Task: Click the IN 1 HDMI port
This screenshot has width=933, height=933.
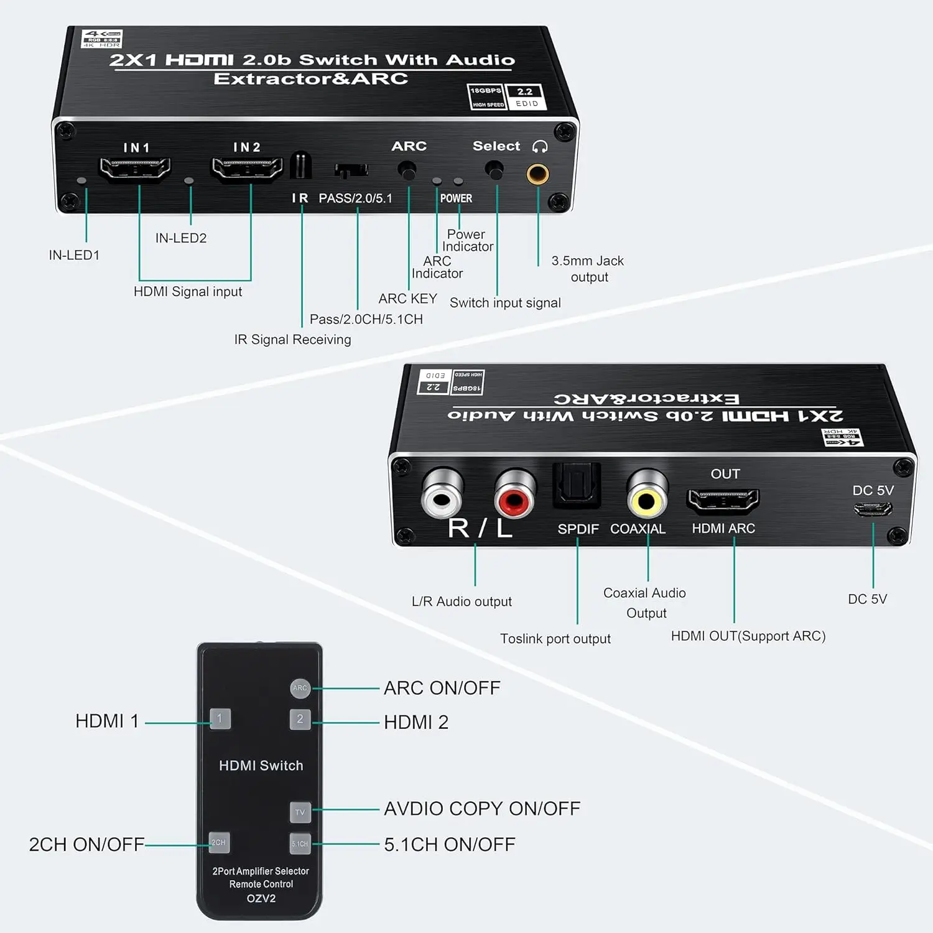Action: (x=136, y=169)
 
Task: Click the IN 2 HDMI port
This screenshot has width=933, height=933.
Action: (x=247, y=169)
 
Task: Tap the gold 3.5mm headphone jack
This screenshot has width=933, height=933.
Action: (x=537, y=174)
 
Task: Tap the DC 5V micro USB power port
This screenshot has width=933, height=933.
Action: (x=873, y=509)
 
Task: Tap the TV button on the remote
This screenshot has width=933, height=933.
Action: (x=300, y=812)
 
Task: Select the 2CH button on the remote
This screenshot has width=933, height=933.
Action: (x=218, y=842)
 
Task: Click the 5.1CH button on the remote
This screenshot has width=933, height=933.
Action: (x=300, y=843)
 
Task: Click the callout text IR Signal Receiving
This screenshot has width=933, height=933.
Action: (x=292, y=340)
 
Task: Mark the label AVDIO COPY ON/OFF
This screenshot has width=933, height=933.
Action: (x=482, y=809)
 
